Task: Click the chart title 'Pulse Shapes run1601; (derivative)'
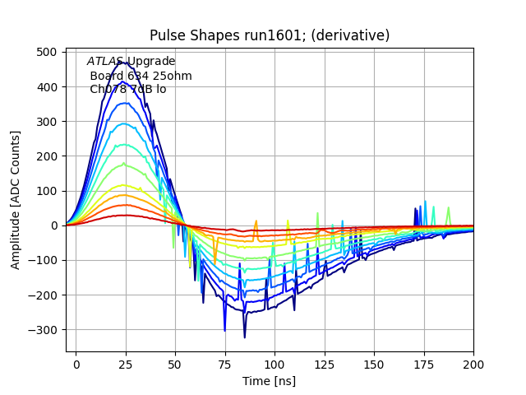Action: (x=270, y=35)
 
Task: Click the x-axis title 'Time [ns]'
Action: (x=270, y=381)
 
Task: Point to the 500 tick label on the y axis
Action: (x=48, y=52)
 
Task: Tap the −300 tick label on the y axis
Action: (x=45, y=330)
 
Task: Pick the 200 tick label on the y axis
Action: (x=48, y=156)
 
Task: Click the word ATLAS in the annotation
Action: (x=105, y=62)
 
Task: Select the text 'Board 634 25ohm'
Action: (x=141, y=76)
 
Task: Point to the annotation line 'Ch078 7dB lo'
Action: (x=127, y=89)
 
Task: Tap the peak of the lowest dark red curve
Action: (x=125, y=215)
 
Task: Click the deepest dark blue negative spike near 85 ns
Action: (x=244, y=337)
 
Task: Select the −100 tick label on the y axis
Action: (x=45, y=261)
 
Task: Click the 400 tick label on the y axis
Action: (x=48, y=87)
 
